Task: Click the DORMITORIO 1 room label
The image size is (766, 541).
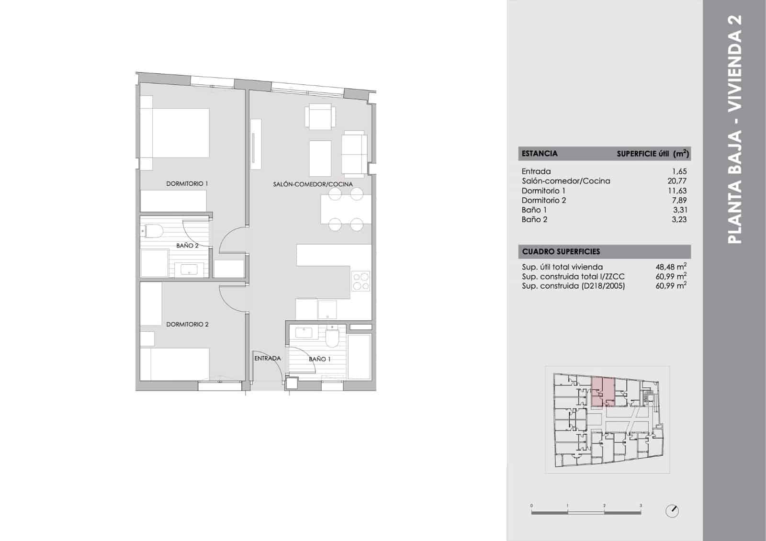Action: click(x=187, y=184)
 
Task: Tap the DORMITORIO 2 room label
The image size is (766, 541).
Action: click(x=187, y=325)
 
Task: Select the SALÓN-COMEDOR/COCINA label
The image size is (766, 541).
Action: click(x=313, y=184)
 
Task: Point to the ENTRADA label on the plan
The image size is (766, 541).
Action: click(x=267, y=358)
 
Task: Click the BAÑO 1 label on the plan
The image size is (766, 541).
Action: click(x=319, y=359)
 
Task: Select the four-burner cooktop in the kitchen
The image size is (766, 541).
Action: click(x=361, y=282)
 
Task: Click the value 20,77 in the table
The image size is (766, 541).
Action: click(x=677, y=181)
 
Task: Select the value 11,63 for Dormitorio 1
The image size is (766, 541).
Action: click(x=677, y=191)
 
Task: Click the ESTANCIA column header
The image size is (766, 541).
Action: click(x=540, y=154)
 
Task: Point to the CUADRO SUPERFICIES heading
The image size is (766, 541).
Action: click(x=561, y=252)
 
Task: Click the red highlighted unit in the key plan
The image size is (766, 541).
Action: click(x=603, y=392)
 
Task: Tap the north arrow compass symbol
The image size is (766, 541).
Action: click(x=672, y=511)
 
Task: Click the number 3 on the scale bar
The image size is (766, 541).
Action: click(x=641, y=506)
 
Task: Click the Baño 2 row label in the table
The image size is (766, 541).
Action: click(x=534, y=220)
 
